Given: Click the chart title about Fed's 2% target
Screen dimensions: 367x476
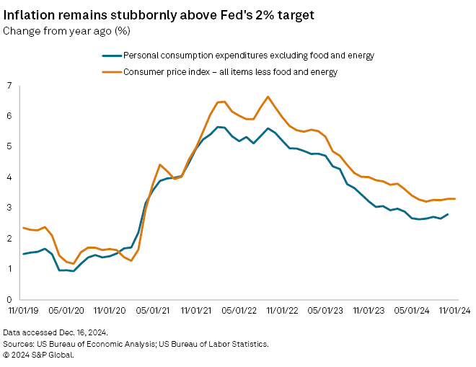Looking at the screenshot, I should point(150,14).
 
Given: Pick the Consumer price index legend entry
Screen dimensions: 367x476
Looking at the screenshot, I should point(231,71).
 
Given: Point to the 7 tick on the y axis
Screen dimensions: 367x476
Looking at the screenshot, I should point(9,86).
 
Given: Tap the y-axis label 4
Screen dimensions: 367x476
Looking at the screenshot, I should point(9,177).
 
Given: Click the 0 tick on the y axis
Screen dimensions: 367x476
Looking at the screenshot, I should point(9,299).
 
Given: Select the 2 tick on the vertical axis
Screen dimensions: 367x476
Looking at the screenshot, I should point(9,239).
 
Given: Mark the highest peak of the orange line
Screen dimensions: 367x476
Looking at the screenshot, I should point(268,97).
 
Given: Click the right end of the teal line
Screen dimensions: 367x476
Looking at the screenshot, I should point(447,214).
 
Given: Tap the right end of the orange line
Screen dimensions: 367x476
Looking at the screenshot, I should point(455,199).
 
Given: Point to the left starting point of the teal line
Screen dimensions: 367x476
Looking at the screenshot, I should point(23,254).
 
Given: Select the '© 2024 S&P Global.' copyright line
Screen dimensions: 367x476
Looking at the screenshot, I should point(39,354).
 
